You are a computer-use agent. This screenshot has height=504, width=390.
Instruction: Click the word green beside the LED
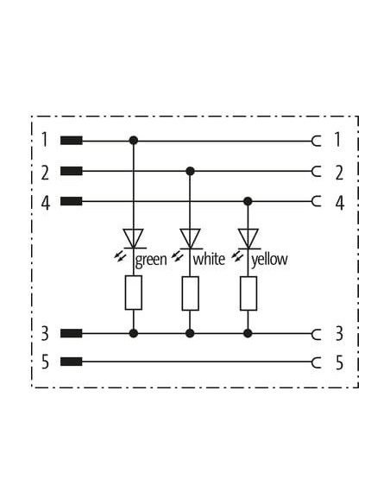(151, 260)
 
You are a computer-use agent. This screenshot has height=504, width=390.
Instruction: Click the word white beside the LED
(209, 259)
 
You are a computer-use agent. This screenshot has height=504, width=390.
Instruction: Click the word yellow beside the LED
(269, 260)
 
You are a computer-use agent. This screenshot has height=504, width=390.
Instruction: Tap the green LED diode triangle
(134, 238)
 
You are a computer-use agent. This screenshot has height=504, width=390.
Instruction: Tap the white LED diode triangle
(190, 238)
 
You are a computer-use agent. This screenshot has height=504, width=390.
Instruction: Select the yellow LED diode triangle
(248, 238)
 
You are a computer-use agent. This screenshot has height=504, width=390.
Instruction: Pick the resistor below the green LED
(134, 293)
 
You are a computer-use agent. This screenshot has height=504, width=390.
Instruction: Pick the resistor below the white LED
(190, 293)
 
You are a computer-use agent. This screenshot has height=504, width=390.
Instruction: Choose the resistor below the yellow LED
(248, 293)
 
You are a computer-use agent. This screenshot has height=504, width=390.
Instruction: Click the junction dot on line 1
(134, 141)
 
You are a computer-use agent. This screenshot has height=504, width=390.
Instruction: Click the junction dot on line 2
(190, 172)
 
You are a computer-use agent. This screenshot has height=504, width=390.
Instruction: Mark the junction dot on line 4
(248, 202)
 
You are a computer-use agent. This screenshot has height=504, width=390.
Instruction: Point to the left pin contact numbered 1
(72, 141)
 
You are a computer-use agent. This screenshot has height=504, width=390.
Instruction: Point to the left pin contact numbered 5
(72, 362)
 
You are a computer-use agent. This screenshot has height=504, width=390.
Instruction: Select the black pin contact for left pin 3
(72, 334)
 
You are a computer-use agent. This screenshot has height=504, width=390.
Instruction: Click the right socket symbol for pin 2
(317, 172)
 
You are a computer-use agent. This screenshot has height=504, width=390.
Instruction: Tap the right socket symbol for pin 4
(317, 202)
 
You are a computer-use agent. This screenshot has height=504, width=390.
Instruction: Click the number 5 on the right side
(340, 362)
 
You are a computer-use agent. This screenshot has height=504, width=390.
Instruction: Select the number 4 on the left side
(46, 203)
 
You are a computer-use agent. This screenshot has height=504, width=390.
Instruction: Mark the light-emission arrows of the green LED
(120, 256)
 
